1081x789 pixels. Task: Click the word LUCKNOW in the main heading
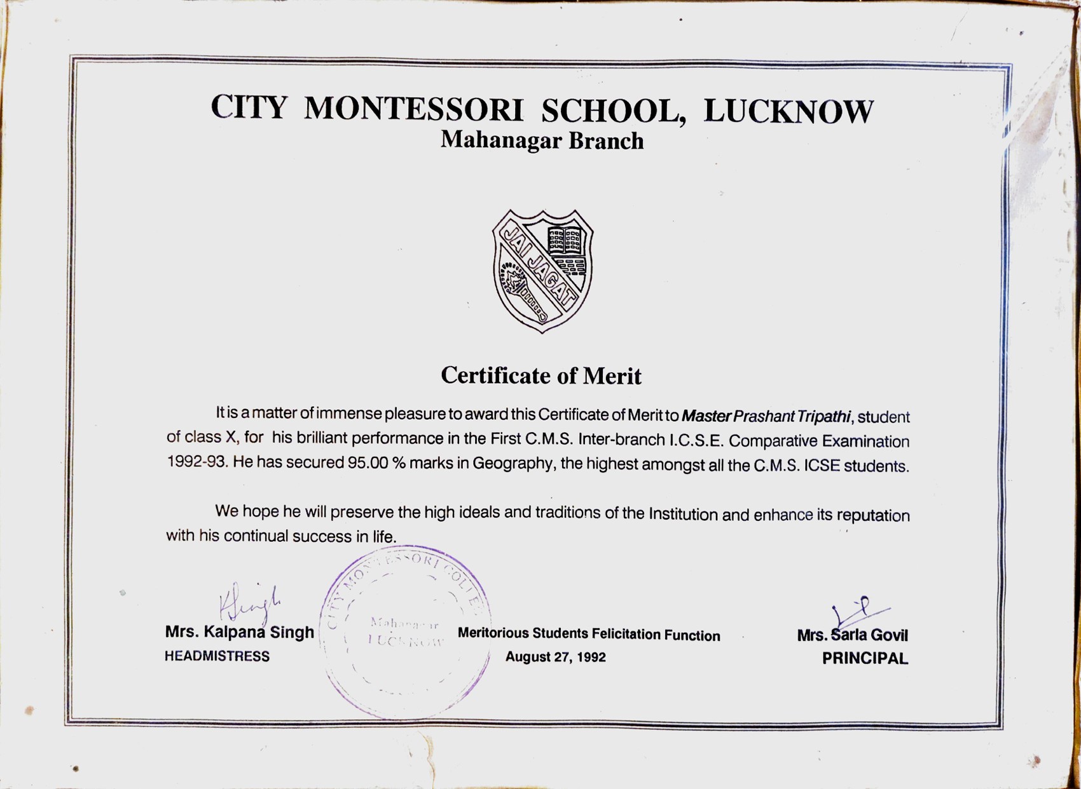pyautogui.click(x=788, y=112)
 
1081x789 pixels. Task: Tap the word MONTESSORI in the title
pyautogui.click(x=413, y=109)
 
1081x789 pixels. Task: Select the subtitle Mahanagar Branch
pyautogui.click(x=542, y=140)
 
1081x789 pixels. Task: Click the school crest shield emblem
pyautogui.click(x=542, y=271)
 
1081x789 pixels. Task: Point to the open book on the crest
pyautogui.click(x=565, y=241)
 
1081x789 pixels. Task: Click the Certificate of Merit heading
pyautogui.click(x=541, y=375)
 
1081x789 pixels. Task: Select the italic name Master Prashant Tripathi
pyautogui.click(x=766, y=416)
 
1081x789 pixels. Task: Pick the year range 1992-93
pyautogui.click(x=196, y=461)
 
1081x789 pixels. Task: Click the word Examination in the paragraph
pyautogui.click(x=865, y=441)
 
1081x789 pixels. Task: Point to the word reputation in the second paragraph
pyautogui.click(x=873, y=515)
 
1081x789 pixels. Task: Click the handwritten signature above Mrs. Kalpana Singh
pyautogui.click(x=249, y=602)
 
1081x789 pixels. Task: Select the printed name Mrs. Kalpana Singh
pyautogui.click(x=239, y=632)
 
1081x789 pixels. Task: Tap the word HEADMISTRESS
pyautogui.click(x=217, y=656)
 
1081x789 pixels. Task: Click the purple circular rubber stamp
pyautogui.click(x=405, y=632)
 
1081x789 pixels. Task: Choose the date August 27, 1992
pyautogui.click(x=555, y=657)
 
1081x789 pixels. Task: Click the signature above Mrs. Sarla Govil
pyautogui.click(x=858, y=611)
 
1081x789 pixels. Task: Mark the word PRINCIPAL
pyautogui.click(x=865, y=659)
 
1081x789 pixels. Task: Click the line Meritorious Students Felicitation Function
pyautogui.click(x=589, y=634)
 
